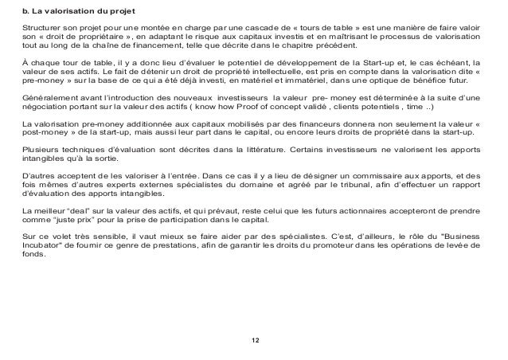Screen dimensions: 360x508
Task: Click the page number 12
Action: (x=254, y=342)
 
